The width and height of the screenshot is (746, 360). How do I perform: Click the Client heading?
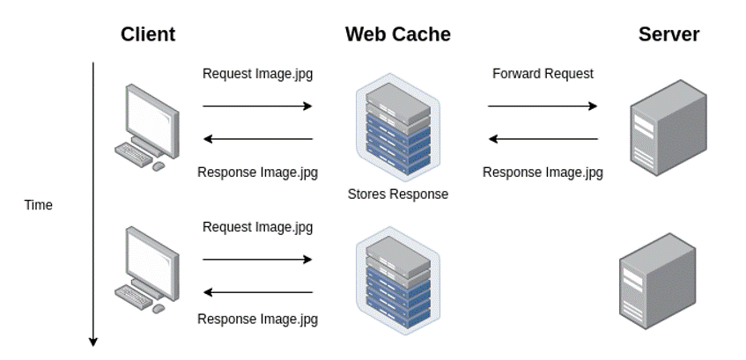[148, 34]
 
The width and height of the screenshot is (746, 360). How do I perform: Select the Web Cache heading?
[397, 34]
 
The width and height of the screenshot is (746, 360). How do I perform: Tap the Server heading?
[668, 34]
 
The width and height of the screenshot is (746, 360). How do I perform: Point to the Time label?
[39, 205]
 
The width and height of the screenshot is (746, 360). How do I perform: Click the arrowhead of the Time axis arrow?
[92, 342]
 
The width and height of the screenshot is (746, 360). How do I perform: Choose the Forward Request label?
[543, 74]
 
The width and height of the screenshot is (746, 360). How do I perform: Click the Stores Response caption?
[397, 194]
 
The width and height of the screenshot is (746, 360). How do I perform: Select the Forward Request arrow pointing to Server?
[543, 106]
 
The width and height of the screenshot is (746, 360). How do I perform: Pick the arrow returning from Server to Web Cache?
[543, 139]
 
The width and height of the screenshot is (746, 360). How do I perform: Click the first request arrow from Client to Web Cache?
[257, 106]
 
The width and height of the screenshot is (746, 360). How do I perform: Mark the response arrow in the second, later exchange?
[257, 292]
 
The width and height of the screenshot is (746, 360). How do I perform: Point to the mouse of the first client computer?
[159, 165]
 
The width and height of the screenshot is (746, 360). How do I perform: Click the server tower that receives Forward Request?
[668, 132]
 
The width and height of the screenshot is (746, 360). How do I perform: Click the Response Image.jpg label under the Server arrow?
[543, 173]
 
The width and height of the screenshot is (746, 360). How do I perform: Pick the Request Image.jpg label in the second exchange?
[257, 227]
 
